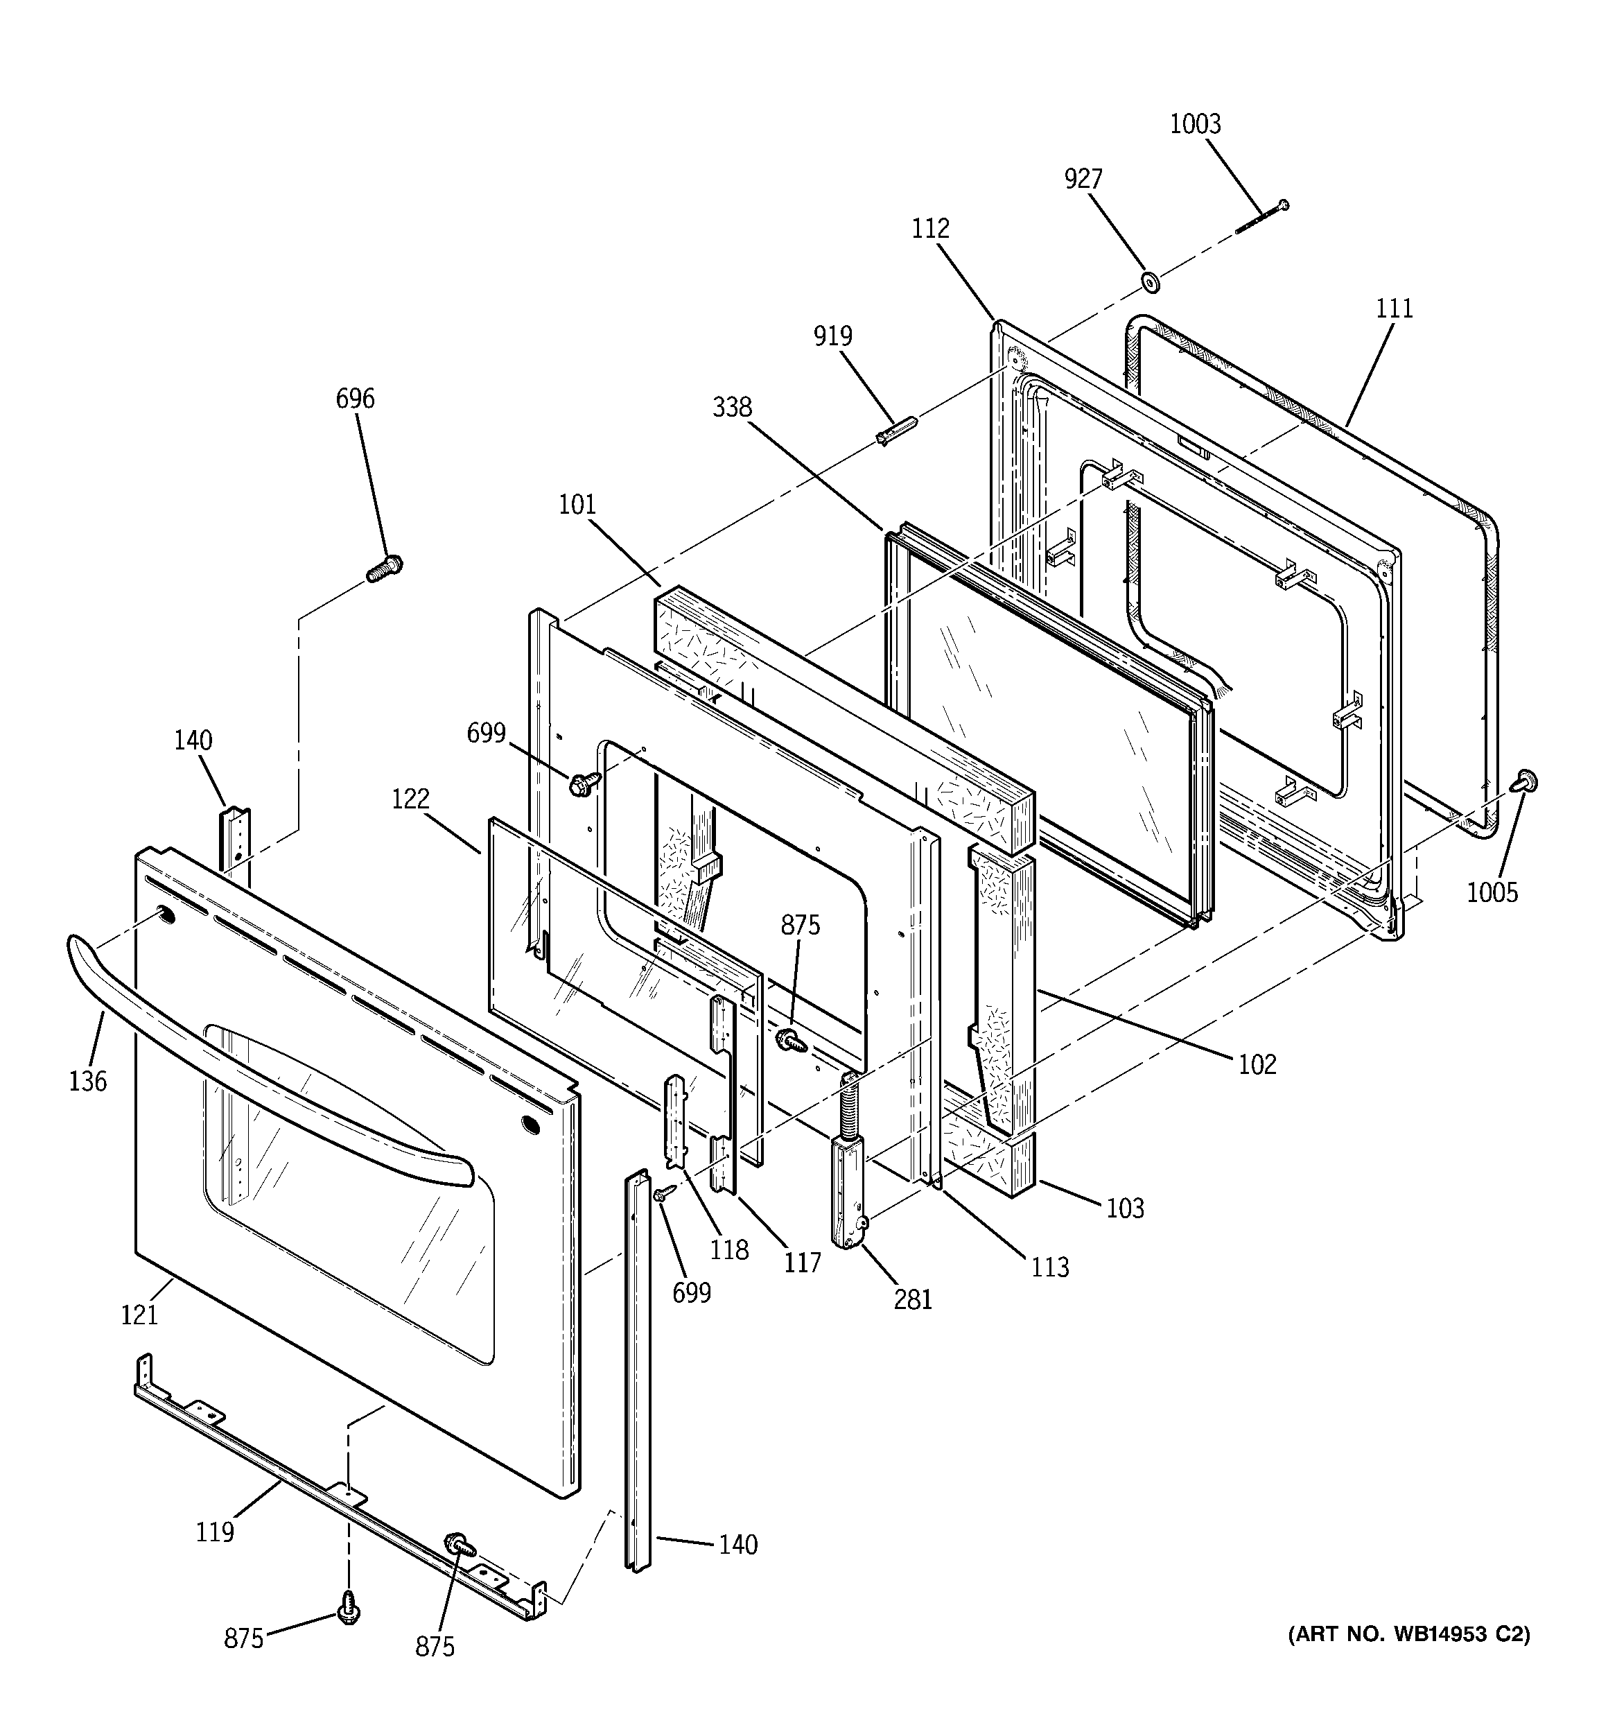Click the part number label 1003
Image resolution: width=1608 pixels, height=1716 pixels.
[x=1194, y=124]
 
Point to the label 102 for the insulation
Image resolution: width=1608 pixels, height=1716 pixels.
[x=1257, y=1064]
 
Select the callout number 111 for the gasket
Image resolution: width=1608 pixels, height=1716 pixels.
[x=1394, y=308]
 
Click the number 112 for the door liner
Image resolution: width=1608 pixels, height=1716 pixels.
[x=930, y=228]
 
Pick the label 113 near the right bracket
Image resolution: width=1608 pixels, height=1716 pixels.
[x=1049, y=1267]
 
